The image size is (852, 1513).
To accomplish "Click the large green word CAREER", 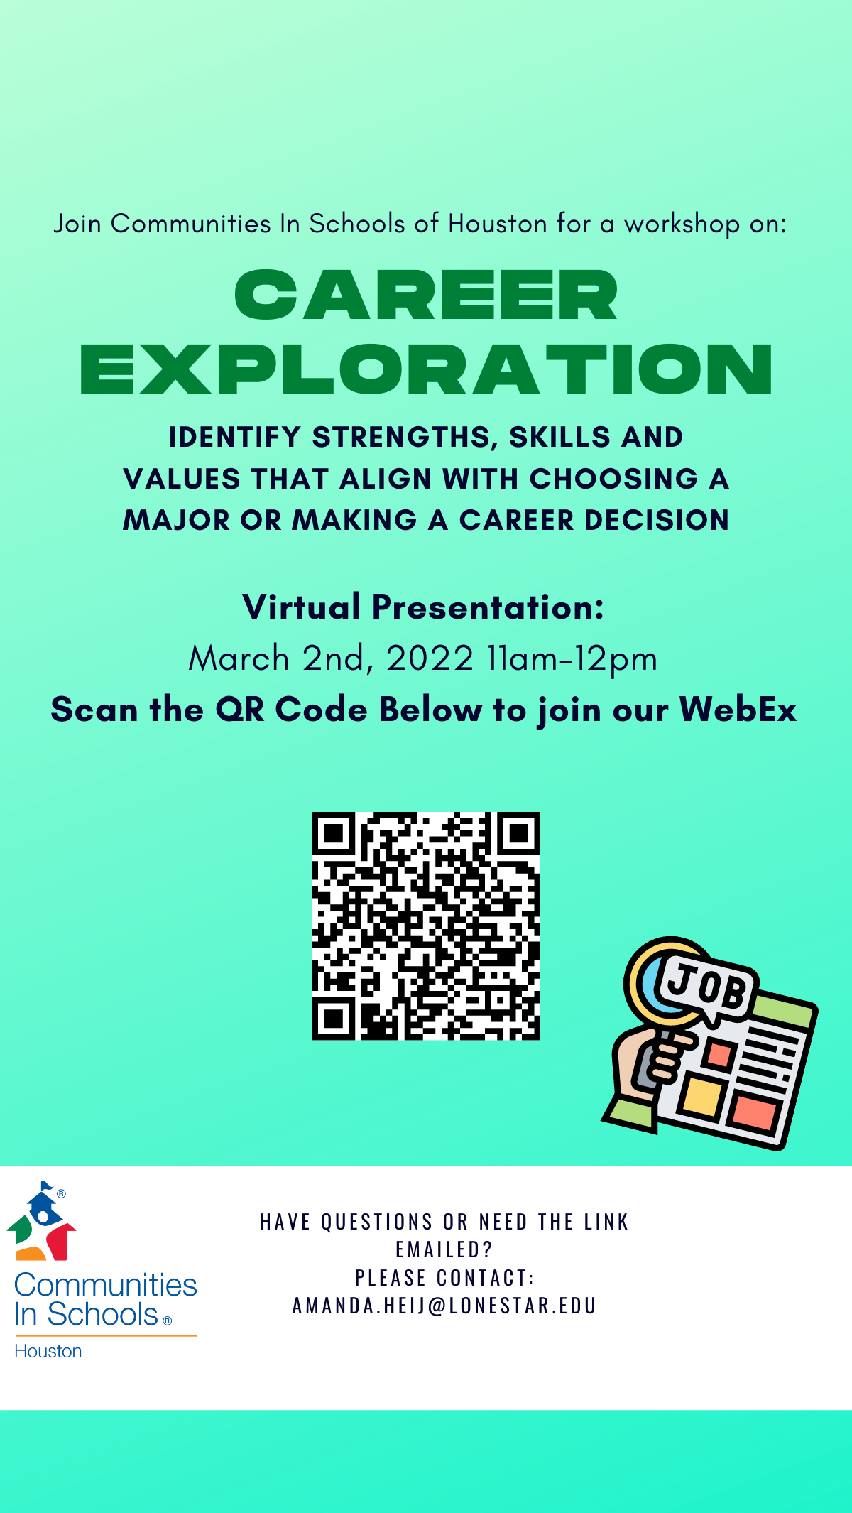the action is pos(426,295).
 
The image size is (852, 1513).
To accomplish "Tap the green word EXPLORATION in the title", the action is pos(426,369).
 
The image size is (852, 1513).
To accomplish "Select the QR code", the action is pos(426,926).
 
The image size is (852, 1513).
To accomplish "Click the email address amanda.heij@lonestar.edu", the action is pos(444,1306).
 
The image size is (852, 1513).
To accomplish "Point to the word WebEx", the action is pos(738,710).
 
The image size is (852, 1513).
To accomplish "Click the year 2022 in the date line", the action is pos(430,658).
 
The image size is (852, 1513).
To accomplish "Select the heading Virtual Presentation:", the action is pos(423,607).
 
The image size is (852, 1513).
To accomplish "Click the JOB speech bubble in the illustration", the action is pos(706,988).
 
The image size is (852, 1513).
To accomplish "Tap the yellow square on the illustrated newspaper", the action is pos(703,1095).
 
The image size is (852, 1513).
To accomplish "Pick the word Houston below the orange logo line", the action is pos(48,1351).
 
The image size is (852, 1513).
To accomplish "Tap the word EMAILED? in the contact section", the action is pos(444,1249).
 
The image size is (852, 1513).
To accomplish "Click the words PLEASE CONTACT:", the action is pos(444,1278).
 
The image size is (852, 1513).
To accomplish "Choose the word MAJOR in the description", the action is pos(177,521).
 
